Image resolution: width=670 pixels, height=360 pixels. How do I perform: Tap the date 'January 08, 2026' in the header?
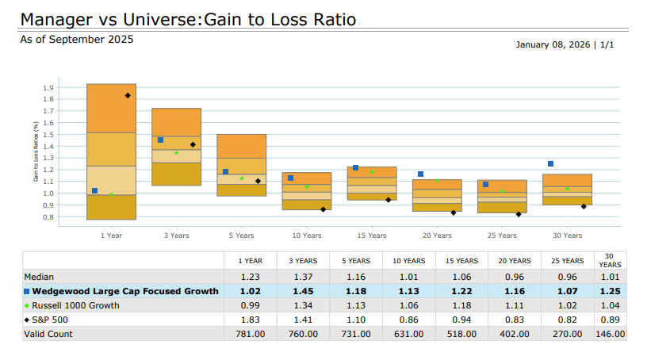click(x=552, y=44)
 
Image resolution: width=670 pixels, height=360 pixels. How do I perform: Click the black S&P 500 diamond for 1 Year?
click(x=128, y=95)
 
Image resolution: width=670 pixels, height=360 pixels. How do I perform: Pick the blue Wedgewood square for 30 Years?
click(x=550, y=163)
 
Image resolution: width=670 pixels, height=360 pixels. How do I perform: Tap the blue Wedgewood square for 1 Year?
click(x=95, y=190)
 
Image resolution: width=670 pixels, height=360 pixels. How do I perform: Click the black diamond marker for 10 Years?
click(x=323, y=209)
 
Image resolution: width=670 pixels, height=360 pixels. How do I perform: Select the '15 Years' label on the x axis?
click(x=371, y=236)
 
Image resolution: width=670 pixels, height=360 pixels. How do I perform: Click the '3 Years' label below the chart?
click(x=176, y=236)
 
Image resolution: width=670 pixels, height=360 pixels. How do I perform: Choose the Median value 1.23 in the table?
click(x=251, y=278)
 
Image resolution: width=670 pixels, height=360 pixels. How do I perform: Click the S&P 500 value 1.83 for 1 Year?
click(x=251, y=320)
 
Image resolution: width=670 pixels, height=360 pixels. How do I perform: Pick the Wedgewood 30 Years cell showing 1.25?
click(x=610, y=292)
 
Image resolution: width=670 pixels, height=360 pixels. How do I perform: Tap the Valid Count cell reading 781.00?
click(x=251, y=334)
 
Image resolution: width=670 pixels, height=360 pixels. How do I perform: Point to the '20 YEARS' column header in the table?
click(x=515, y=261)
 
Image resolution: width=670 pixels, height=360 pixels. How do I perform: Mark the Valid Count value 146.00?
click(x=610, y=334)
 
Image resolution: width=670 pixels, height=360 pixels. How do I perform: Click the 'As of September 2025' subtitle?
click(x=77, y=39)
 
